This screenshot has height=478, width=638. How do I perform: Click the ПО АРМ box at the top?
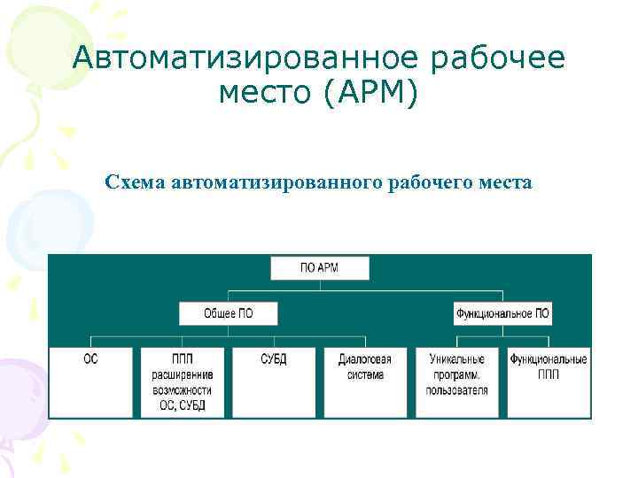pos(319,268)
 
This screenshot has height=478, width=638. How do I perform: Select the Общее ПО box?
pos(228,313)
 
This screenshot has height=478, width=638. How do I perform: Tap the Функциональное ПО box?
pos(502,313)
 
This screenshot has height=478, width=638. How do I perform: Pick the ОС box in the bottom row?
pos(90,381)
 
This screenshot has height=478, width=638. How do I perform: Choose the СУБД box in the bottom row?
pos(274,381)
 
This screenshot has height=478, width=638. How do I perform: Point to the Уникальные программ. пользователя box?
pos(457,381)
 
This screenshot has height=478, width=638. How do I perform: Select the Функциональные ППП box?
pos(549,381)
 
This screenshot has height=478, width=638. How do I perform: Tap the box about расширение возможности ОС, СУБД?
pos(182,381)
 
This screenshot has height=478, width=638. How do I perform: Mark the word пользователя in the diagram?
pos(457,389)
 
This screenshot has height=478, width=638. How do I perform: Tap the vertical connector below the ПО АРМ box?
pos(319,285)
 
